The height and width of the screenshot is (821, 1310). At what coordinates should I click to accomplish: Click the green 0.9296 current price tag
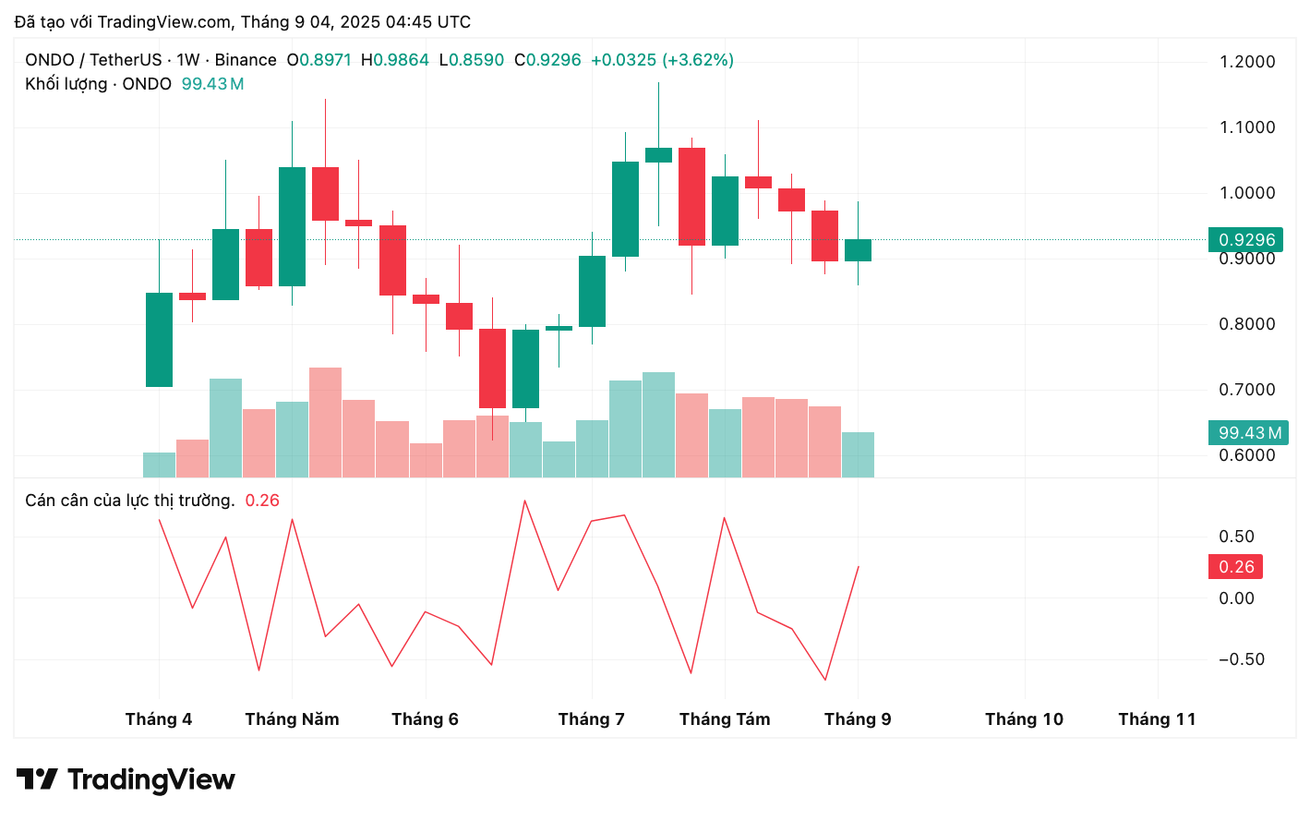pyautogui.click(x=1245, y=240)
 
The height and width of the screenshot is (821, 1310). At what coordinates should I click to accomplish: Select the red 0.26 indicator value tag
pyautogui.click(x=1235, y=567)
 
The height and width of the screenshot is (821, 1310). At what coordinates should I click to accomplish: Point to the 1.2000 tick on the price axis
pyautogui.click(x=1246, y=62)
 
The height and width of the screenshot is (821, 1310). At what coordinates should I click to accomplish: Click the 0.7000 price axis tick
pyautogui.click(x=1246, y=390)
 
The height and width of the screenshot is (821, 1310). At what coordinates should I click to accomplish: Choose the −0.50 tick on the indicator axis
pyautogui.click(x=1241, y=659)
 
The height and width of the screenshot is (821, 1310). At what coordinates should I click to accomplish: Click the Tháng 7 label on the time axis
pyautogui.click(x=591, y=719)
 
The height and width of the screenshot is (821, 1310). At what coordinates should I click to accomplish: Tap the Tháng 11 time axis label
pyautogui.click(x=1157, y=719)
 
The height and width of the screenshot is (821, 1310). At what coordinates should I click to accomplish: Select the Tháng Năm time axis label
pyautogui.click(x=292, y=719)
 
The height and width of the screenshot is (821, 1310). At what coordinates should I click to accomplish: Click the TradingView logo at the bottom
pyautogui.click(x=126, y=779)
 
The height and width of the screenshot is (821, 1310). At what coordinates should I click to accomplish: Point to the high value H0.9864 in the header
pyautogui.click(x=395, y=60)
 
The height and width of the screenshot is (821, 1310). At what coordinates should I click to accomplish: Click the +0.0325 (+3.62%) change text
pyautogui.click(x=662, y=60)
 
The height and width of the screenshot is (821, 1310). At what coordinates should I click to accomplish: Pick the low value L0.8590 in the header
pyautogui.click(x=472, y=60)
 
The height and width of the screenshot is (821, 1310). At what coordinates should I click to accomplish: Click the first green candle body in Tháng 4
pyautogui.click(x=159, y=340)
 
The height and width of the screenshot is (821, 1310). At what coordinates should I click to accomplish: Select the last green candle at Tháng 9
pyautogui.click(x=858, y=250)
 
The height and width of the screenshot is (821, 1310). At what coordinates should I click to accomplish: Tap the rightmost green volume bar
pyautogui.click(x=858, y=454)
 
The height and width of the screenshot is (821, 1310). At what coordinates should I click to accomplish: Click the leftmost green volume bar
pyautogui.click(x=159, y=465)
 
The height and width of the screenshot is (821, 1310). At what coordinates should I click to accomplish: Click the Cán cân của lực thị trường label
pyautogui.click(x=129, y=501)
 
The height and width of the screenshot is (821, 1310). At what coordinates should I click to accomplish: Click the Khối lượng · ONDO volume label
pyautogui.click(x=98, y=84)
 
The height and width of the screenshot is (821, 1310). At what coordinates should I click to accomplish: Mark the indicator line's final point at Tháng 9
pyautogui.click(x=859, y=566)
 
